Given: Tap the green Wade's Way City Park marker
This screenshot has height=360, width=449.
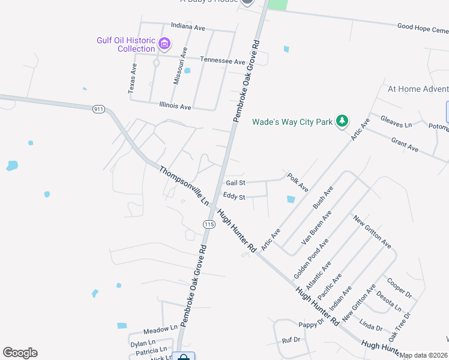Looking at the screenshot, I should (342, 121).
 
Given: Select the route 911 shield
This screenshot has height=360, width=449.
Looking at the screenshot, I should (99, 109).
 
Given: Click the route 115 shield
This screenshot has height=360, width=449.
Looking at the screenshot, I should (208, 224).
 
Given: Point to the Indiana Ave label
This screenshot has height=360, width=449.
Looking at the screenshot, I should (188, 27).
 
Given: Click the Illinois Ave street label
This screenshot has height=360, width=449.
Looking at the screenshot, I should (175, 106).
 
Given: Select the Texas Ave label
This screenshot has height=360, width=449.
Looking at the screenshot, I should (133, 79).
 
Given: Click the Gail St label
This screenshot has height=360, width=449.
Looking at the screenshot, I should (235, 182).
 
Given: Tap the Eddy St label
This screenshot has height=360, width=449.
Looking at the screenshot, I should (234, 196).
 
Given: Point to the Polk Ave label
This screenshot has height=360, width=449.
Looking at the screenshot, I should (298, 182).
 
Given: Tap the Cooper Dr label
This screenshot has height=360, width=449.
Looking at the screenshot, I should (399, 287).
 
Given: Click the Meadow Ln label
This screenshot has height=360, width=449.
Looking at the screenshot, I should (160, 329).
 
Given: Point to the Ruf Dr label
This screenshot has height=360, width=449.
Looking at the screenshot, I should (291, 340).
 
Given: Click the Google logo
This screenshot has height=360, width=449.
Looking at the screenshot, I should (20, 353).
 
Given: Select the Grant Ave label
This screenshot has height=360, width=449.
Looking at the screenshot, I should (405, 144).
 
